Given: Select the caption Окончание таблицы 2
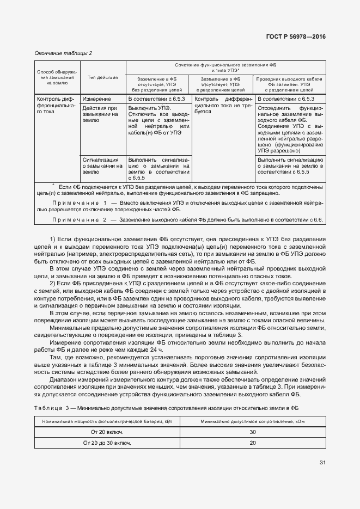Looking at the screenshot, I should point(63,53).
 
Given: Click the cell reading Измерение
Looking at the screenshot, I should point(97,99).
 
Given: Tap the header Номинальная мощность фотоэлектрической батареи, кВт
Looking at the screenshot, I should point(107,421).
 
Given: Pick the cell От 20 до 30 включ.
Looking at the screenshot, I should point(107,443).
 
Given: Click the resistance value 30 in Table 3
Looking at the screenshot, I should point(252,432).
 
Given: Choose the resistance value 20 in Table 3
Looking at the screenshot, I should point(252,443).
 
